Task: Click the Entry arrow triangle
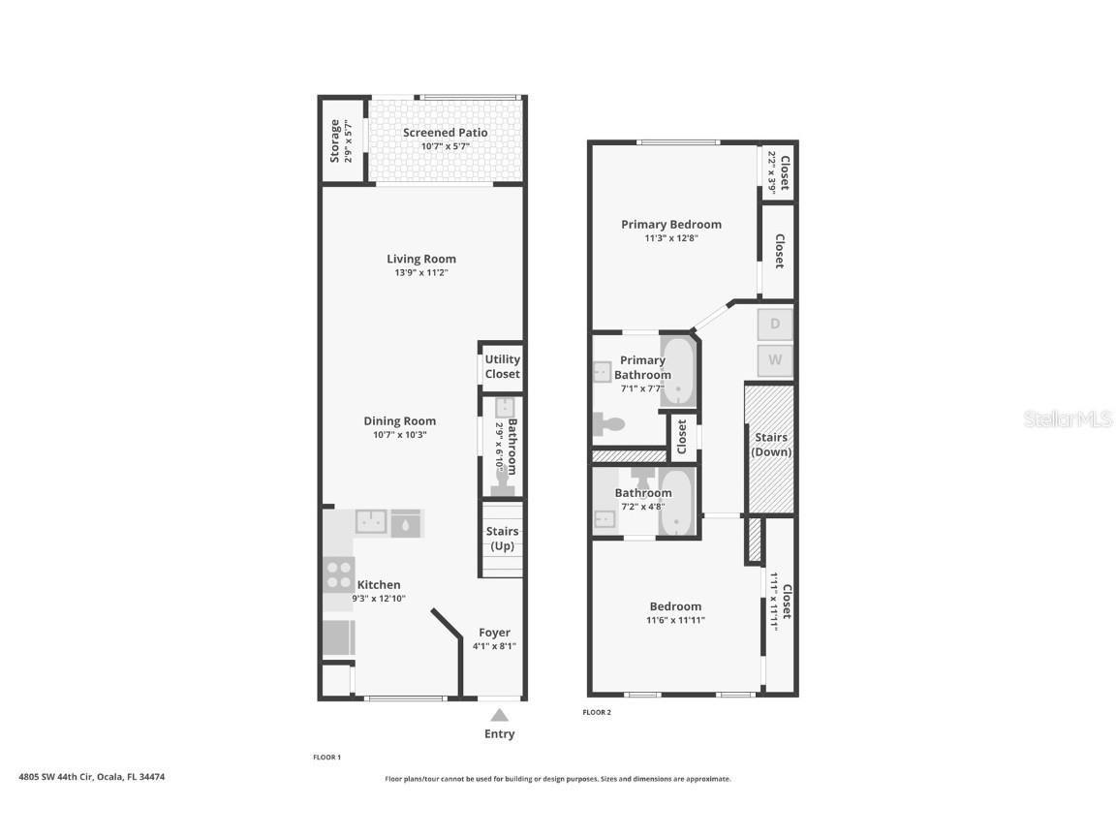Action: point(499,716)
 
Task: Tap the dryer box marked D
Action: point(775,324)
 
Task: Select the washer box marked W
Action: point(775,361)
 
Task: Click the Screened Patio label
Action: point(445,133)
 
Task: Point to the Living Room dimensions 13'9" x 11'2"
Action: point(421,273)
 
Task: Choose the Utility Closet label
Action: point(502,366)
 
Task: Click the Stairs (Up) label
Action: point(502,539)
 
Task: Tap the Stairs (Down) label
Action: point(772,445)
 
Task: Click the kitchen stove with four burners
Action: point(339,574)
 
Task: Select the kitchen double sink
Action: point(371,522)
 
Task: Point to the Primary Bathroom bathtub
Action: point(678,371)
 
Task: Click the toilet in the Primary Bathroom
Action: point(610,423)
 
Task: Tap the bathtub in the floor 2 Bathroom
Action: point(676,504)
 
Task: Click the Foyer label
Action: point(494,633)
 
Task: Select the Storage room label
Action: point(335,140)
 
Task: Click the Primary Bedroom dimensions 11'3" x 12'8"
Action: point(671,238)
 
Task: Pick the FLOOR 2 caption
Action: point(597,712)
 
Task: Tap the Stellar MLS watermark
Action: point(1066,419)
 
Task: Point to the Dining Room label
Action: point(399,420)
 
